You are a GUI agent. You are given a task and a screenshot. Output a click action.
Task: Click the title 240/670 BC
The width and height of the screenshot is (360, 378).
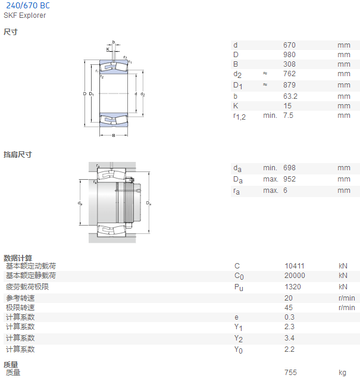(28, 5)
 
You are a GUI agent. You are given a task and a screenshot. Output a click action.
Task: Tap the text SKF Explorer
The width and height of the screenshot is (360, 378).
(24, 15)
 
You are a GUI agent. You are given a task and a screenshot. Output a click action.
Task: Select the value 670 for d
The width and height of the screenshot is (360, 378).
(289, 45)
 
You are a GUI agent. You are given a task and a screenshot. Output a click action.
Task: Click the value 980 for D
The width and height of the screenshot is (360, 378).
(289, 55)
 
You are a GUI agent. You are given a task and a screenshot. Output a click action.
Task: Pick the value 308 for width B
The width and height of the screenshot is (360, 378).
(289, 64)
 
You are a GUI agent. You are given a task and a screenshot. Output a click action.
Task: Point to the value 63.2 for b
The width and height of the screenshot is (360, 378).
(290, 96)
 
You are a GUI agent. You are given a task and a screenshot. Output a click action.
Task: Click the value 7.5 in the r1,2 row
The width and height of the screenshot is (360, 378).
(288, 115)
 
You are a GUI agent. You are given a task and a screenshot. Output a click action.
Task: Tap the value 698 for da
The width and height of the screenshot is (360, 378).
(289, 168)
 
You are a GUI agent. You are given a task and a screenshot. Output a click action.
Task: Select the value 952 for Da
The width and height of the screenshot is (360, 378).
(289, 179)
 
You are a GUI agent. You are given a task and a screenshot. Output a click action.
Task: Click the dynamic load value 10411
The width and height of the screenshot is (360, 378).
(295, 266)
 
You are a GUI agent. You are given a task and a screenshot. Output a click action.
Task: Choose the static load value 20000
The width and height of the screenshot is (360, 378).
(295, 276)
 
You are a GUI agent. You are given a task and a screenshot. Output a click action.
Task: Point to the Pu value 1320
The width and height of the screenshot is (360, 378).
(293, 287)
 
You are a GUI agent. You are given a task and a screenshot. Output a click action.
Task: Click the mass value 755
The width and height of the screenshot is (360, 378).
(290, 373)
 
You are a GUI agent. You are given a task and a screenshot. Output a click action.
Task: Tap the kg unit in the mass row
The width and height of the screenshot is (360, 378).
(342, 373)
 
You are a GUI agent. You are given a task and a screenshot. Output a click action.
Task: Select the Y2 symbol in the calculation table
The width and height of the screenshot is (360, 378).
(238, 339)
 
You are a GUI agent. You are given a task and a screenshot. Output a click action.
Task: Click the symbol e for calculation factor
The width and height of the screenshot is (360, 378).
(236, 317)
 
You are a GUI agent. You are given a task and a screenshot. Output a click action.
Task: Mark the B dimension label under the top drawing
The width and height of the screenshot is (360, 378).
(114, 136)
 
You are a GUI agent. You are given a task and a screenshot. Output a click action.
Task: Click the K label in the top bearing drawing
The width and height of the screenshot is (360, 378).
(108, 49)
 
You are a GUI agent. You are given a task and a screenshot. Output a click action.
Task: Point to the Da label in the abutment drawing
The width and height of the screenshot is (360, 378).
(149, 203)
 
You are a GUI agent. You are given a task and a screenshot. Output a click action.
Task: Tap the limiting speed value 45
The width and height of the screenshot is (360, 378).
(289, 308)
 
